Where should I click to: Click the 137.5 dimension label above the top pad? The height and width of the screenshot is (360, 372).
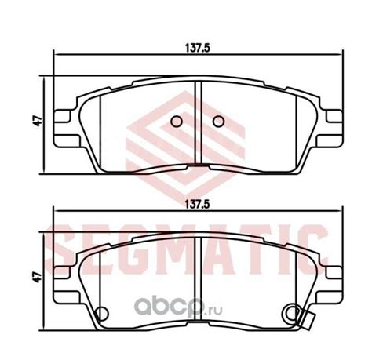[198, 48]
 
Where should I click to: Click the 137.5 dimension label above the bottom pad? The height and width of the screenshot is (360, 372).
[198, 205]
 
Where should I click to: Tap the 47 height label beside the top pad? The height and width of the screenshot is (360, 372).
[38, 121]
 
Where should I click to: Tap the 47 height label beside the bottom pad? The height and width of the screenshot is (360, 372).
[38, 277]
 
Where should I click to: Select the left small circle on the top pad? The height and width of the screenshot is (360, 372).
[177, 122]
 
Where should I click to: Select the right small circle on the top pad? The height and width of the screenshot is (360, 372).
[218, 122]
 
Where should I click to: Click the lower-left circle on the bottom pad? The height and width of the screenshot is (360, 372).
[102, 313]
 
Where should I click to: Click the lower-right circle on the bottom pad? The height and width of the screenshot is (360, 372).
[293, 312]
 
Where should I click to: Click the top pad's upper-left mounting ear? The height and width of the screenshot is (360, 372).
[62, 116]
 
